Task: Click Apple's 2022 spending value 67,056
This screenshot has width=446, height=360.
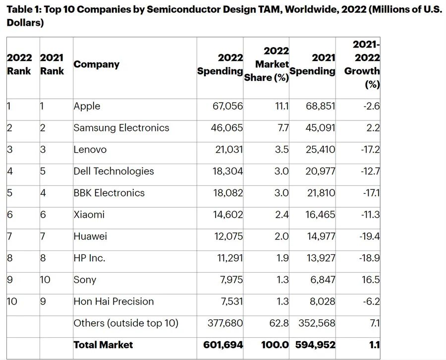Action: [x=228, y=106]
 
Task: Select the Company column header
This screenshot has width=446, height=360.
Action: [x=97, y=64]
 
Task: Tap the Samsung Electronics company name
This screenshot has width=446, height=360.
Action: [x=121, y=128]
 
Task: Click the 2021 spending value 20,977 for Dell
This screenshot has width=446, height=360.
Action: [x=321, y=171]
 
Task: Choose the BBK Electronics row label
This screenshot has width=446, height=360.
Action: [x=109, y=193]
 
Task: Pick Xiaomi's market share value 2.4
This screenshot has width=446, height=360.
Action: [x=282, y=215]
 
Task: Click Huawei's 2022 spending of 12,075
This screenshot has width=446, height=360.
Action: [x=228, y=236]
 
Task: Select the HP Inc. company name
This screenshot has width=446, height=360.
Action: [x=89, y=258]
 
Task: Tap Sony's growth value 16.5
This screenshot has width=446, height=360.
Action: [x=371, y=280]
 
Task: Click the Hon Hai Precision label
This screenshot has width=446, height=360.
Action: [x=113, y=301]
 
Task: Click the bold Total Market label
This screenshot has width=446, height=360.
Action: [x=103, y=345]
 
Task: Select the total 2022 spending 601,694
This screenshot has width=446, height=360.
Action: [x=223, y=345]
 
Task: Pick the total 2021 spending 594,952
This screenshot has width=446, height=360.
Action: [x=316, y=345]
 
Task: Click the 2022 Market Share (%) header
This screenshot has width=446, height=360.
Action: [x=267, y=64]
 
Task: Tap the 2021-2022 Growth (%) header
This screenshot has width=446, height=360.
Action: [x=362, y=64]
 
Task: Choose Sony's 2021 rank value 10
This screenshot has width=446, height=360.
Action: [x=45, y=280]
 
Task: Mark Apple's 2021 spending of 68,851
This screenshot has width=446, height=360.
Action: [x=321, y=106]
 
